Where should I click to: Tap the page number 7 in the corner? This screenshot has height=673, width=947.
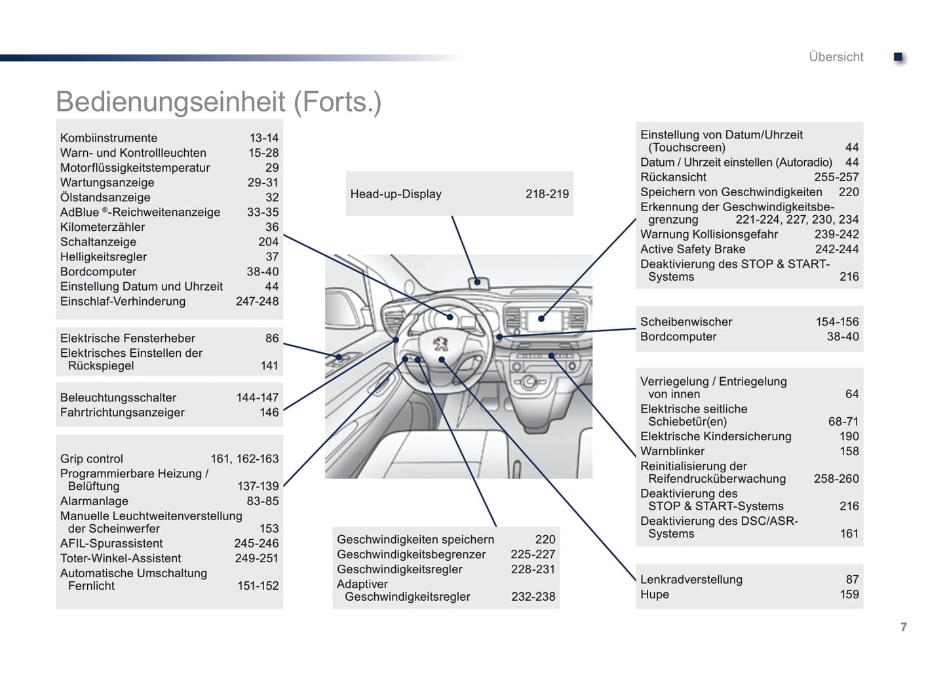(904, 627)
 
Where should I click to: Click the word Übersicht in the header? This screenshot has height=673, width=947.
(836, 57)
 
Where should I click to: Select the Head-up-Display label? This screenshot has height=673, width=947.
(396, 194)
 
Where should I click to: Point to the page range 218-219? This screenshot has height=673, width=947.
(547, 194)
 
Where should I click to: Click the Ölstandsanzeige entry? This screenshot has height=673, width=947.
(106, 197)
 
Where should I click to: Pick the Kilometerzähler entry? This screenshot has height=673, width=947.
(103, 228)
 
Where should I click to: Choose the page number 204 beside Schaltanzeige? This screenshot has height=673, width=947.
(268, 242)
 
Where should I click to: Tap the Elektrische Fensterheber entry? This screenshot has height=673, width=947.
(128, 338)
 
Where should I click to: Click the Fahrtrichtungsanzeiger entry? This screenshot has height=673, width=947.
(123, 413)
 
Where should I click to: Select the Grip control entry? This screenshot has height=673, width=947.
(92, 459)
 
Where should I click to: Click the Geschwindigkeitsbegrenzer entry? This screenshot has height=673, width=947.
(412, 555)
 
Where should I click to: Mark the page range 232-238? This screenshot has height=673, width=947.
(533, 597)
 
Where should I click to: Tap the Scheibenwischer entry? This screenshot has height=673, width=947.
(686, 322)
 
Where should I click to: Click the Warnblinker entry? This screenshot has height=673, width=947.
(672, 451)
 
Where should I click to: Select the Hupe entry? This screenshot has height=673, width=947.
(655, 594)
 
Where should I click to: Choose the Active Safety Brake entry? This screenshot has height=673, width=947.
(693, 249)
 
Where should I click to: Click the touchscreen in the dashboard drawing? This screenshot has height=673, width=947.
(543, 320)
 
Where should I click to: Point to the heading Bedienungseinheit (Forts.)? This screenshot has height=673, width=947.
(219, 102)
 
